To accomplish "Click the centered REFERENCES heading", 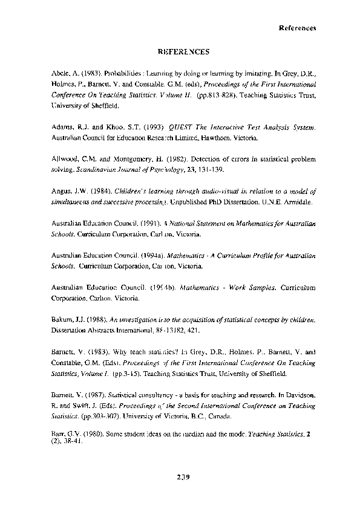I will click(179, 53).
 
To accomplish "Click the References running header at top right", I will click(297, 28).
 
